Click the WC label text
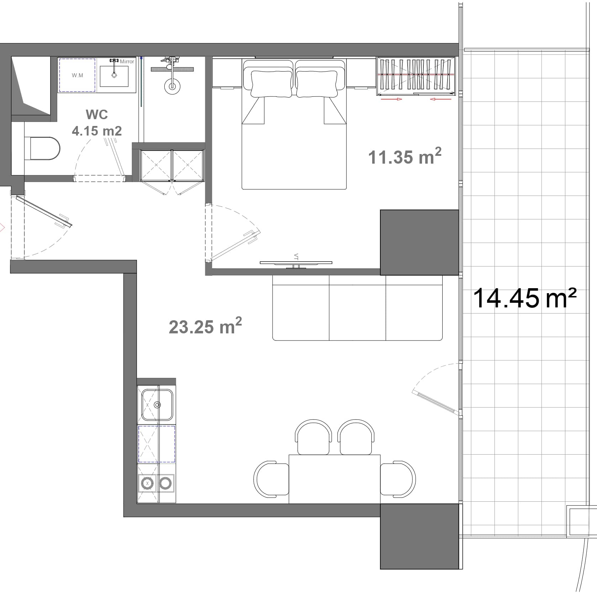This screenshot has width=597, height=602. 97,115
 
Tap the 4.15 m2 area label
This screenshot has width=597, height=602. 97,131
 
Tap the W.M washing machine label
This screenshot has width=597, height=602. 77,75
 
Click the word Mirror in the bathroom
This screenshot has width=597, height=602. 127,62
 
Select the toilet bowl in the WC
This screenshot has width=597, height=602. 44,148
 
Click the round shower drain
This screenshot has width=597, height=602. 172,86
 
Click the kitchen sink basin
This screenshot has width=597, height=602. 157,405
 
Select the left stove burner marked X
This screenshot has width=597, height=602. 147,483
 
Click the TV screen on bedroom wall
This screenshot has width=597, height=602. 296,263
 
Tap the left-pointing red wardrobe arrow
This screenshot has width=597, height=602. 440,99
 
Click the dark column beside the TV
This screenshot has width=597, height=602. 419,242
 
